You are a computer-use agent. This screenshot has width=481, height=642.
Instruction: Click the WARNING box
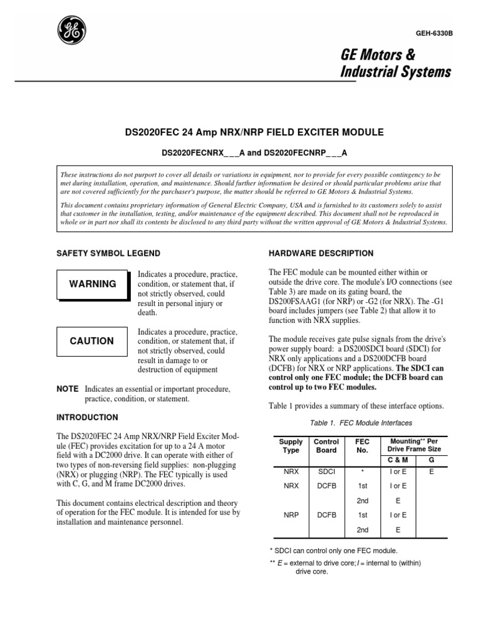[x=93, y=284]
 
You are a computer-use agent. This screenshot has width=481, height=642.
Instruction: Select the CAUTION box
[x=92, y=341]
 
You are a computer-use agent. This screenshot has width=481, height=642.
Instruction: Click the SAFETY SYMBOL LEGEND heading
[x=108, y=253]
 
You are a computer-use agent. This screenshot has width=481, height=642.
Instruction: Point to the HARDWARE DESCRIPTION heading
[x=321, y=253]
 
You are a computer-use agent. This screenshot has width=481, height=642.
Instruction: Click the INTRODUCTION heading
[x=87, y=417]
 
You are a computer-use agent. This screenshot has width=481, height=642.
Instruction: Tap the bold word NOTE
[x=68, y=389]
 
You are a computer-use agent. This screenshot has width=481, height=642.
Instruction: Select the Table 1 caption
[x=356, y=423]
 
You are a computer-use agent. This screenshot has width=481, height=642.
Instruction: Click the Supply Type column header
[x=291, y=446]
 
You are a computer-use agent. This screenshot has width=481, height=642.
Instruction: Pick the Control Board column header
[x=326, y=446]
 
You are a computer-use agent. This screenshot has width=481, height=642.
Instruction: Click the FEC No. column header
[x=363, y=446]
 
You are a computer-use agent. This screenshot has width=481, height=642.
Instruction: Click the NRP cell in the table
[x=291, y=515]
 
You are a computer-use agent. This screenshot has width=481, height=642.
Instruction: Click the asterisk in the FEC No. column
[x=363, y=469]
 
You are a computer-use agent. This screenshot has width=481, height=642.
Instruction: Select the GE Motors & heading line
[x=378, y=56]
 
